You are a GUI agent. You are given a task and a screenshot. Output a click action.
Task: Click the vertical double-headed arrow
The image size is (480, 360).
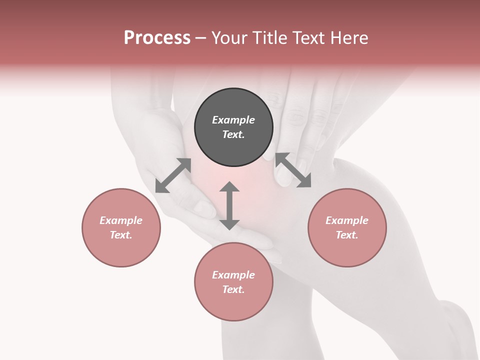tap(229, 205)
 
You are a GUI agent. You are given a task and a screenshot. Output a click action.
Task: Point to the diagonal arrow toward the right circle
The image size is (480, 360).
tap(293, 170)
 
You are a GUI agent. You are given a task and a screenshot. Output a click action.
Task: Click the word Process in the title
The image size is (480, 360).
tap(157, 38)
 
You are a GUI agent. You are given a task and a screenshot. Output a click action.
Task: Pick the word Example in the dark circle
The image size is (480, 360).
tap(233, 120)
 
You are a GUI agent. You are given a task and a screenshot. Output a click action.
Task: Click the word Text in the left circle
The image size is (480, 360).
tap(120, 235)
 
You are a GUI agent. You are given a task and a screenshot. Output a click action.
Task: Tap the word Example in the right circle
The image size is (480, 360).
tap(347, 220)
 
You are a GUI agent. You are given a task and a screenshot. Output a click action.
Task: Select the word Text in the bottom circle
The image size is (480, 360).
tap(233, 289)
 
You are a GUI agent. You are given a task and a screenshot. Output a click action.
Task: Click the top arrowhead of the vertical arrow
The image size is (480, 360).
tap(229, 186)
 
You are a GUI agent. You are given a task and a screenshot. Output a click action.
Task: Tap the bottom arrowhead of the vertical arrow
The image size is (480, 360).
tap(229, 224)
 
